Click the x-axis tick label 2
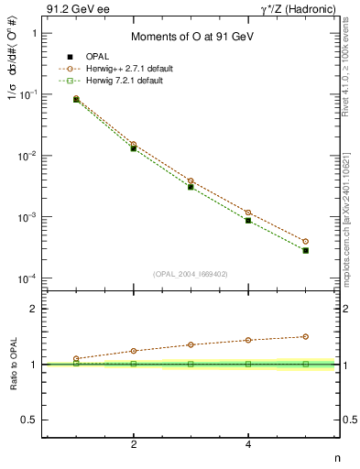click(x=134, y=444)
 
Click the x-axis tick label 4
click(x=248, y=444)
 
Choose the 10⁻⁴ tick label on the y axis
click(x=28, y=278)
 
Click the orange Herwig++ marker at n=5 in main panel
click(x=305, y=242)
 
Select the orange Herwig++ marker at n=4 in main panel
click(x=248, y=213)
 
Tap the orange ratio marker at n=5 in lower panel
click(x=305, y=336)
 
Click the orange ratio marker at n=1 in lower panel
click(x=76, y=358)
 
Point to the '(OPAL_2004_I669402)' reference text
click(x=191, y=272)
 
